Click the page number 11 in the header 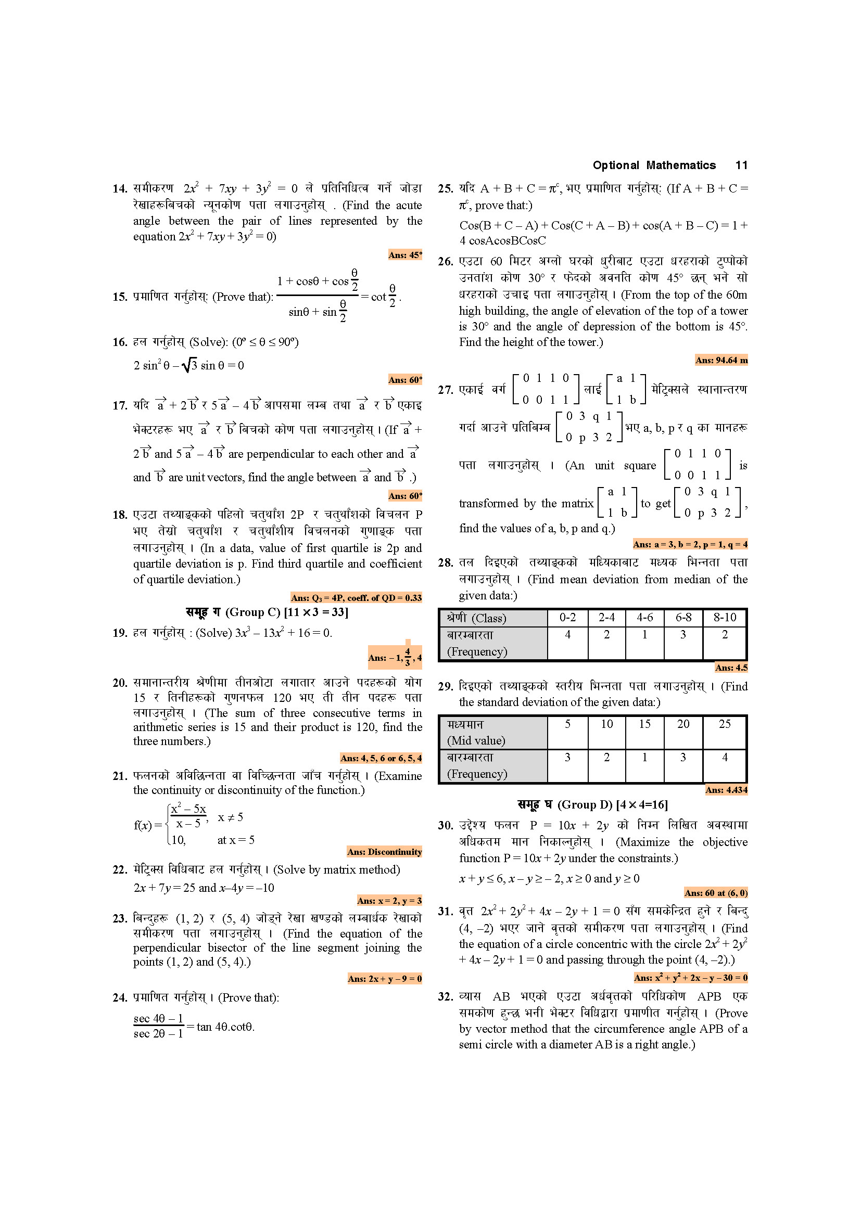coord(741,165)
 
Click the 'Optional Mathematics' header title coord(654,165)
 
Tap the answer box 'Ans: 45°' coord(405,255)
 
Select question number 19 coord(120,633)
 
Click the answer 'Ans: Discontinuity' coord(384,852)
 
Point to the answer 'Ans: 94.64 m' coord(721,361)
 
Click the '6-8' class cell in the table coord(683,618)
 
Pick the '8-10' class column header coord(724,618)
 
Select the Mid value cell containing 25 coord(724,724)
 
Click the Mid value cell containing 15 coord(644,724)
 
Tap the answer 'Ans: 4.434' coord(726,790)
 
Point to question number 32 coord(446,996)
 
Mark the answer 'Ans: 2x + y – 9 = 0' coord(384,979)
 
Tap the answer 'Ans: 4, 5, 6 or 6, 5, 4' coord(381,758)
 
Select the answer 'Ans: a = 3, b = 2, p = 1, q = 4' coord(690,544)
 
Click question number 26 coord(446,262)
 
